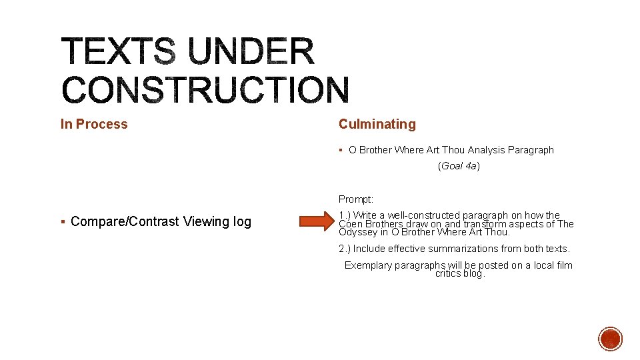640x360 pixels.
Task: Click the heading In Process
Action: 94,124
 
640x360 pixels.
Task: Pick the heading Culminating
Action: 377,124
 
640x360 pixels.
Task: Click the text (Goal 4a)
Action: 459,166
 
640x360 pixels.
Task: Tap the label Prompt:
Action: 356,199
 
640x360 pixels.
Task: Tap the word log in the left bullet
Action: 241,222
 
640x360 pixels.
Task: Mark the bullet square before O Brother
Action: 341,150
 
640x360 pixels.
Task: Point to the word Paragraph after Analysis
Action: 531,150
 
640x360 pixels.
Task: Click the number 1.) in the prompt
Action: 345,215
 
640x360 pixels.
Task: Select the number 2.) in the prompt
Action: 345,249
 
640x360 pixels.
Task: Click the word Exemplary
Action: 367,265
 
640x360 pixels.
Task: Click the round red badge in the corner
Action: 610,339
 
